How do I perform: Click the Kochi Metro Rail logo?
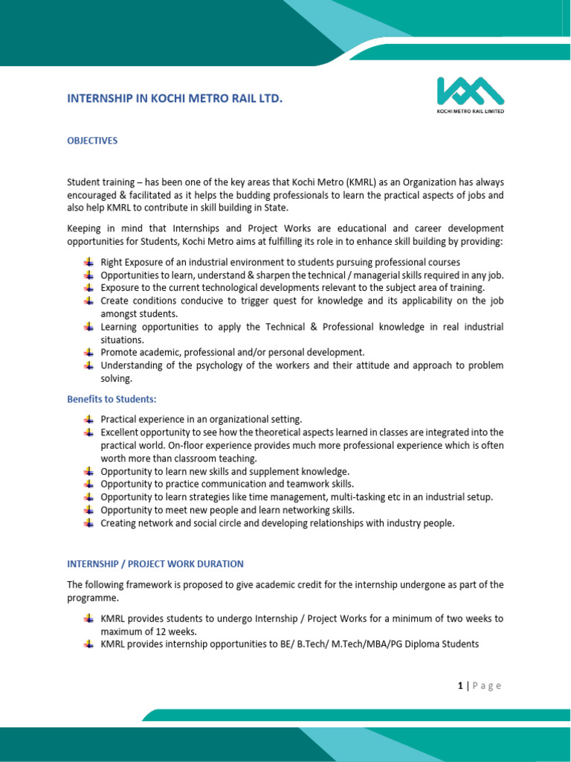pos(469,91)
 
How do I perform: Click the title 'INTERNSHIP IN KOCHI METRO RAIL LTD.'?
pos(175,98)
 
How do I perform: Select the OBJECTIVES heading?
pos(92,141)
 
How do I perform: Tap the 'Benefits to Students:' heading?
pos(112,400)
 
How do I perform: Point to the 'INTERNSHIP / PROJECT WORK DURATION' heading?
pos(155,564)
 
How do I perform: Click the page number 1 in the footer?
pos(461,686)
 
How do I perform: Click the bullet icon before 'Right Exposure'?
pos(89,262)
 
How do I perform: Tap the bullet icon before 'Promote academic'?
pos(89,352)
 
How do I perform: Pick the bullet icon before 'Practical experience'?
pos(89,419)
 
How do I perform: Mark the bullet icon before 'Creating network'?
pos(89,522)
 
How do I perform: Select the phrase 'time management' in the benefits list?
pos(285,496)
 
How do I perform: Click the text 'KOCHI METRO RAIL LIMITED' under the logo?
pos(469,112)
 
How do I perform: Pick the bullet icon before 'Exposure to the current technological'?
pos(89,287)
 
